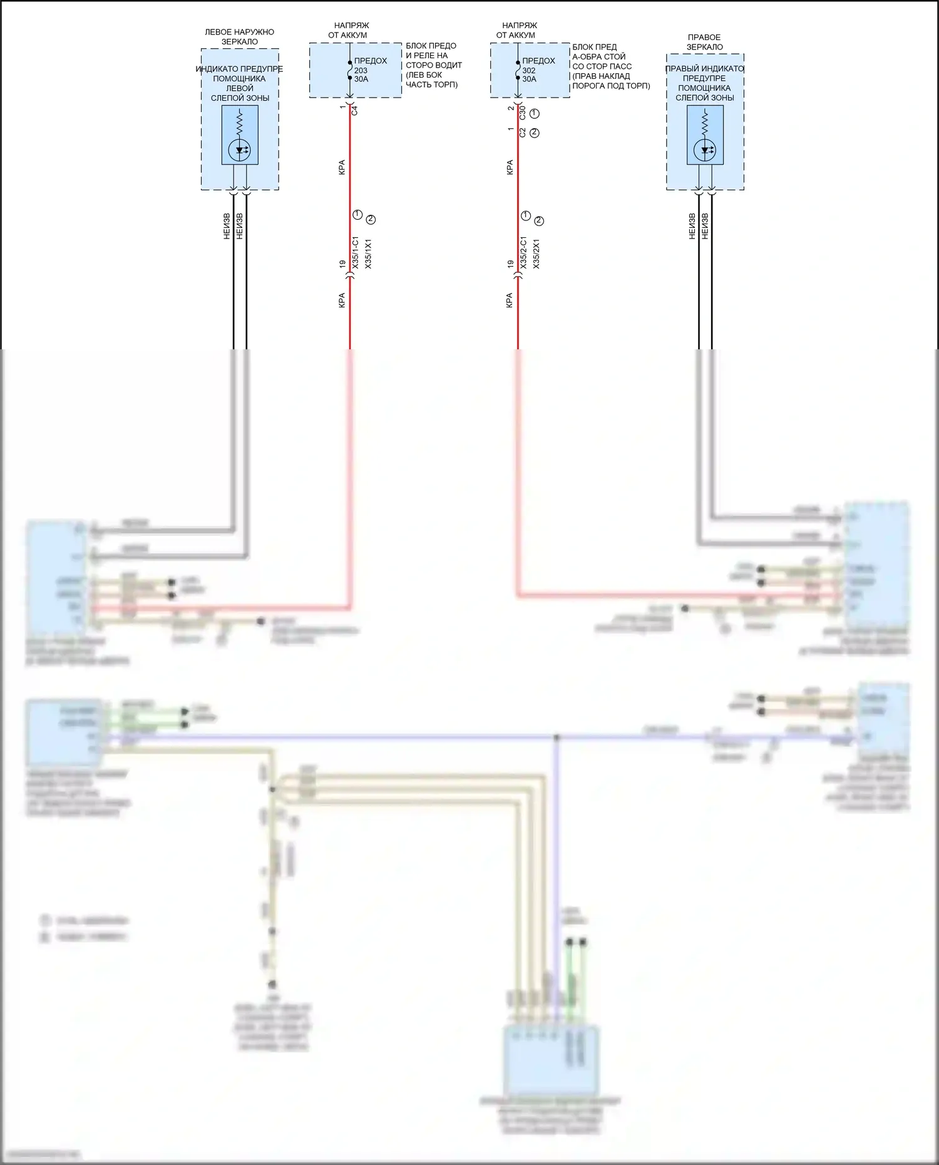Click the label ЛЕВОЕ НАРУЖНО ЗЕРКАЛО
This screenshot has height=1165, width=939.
[x=239, y=37]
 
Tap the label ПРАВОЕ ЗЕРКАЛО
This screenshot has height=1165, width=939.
[x=704, y=42]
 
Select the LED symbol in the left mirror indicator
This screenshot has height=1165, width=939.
[x=239, y=150]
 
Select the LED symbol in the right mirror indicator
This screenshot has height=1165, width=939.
[x=705, y=150]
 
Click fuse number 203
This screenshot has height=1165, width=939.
[x=361, y=70]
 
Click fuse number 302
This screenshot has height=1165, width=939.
[x=529, y=70]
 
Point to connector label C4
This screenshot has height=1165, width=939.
[x=354, y=110]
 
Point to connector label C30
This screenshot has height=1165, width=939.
[x=523, y=113]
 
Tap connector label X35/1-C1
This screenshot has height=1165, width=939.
[x=355, y=253]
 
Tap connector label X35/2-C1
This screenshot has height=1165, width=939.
[x=523, y=253]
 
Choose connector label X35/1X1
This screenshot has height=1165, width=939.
[x=368, y=254]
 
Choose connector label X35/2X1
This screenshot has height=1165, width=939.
[x=536, y=254]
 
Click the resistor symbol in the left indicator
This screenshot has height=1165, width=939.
[x=239, y=122]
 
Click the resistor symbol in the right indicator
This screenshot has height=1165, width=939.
[x=705, y=122]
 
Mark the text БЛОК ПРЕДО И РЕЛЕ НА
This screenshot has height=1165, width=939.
[x=431, y=51]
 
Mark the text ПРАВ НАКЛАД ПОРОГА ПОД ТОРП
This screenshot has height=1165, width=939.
[x=610, y=81]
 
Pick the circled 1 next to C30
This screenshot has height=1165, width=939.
[x=535, y=113]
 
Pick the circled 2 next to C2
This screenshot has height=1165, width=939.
[x=535, y=133]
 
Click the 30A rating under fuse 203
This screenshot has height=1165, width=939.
[x=361, y=79]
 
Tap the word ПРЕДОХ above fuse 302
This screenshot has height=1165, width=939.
[x=538, y=61]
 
